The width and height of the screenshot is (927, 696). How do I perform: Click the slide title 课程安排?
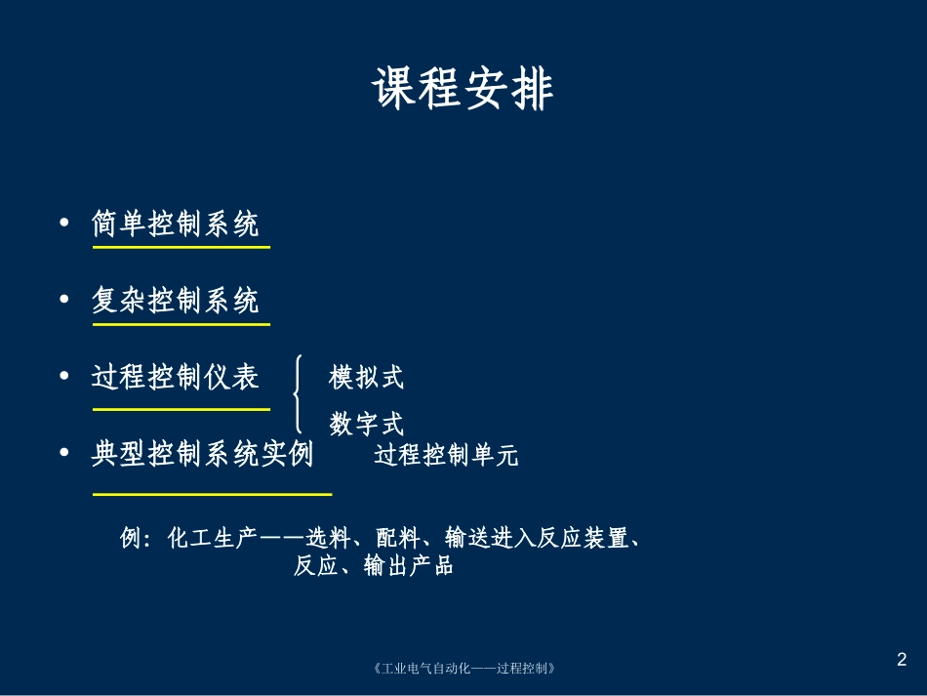click(x=463, y=91)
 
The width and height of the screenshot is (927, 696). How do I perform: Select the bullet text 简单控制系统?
click(x=176, y=225)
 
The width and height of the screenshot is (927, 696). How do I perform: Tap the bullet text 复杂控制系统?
click(x=176, y=301)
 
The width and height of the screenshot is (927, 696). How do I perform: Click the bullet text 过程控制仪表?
click(x=176, y=376)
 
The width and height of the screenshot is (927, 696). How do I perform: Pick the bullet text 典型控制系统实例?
click(x=203, y=454)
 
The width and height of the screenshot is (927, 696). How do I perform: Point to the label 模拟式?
click(x=367, y=377)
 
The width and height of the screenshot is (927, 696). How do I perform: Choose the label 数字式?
click(x=367, y=424)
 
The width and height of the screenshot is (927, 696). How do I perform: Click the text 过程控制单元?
click(x=446, y=456)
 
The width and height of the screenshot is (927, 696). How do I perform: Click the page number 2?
click(x=902, y=660)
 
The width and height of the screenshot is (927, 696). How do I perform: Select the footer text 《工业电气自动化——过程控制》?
click(x=464, y=669)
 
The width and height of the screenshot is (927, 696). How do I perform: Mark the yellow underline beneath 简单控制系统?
click(x=181, y=248)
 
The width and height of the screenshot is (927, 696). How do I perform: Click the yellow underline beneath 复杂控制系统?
click(x=181, y=323)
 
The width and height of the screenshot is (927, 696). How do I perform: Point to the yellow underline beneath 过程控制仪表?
click(x=181, y=409)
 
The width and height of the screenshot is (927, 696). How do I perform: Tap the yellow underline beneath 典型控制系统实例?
click(x=212, y=494)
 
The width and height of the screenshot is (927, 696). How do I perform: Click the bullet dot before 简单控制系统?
click(x=64, y=224)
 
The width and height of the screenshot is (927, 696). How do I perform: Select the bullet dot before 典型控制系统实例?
click(x=64, y=453)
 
